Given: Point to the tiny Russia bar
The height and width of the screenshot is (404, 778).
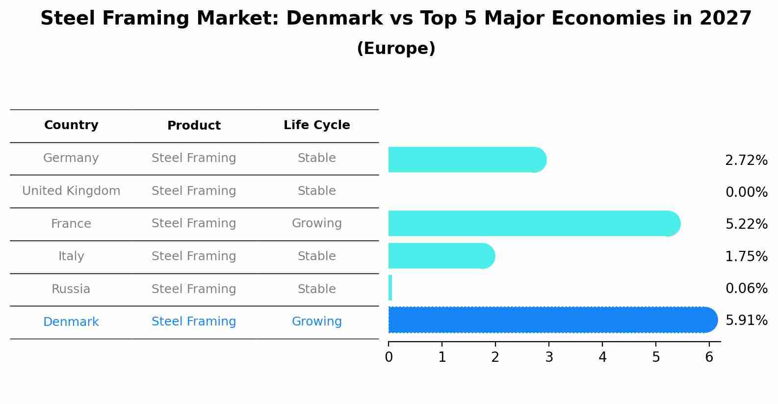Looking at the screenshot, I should [x=390, y=288].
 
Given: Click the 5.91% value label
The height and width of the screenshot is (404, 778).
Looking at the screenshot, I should [x=746, y=321].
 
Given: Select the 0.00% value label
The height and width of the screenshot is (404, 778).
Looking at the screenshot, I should [x=746, y=192].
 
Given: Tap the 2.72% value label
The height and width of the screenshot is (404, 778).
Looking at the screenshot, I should [x=746, y=161].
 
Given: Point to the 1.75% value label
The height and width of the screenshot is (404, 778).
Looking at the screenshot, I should [x=746, y=256].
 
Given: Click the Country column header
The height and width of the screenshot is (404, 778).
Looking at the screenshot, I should [x=71, y=125].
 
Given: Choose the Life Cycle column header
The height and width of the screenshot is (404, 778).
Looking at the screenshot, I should [x=316, y=125].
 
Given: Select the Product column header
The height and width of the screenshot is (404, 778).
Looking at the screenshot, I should [x=194, y=126].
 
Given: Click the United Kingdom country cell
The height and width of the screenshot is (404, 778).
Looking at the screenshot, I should [x=71, y=191].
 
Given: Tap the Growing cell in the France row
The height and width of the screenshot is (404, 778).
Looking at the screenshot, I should [x=316, y=223].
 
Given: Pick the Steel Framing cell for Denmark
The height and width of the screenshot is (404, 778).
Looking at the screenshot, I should [x=194, y=322].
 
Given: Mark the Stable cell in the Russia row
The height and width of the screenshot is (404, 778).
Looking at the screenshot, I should [x=316, y=289].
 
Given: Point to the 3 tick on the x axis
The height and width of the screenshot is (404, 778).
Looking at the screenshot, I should [x=549, y=357].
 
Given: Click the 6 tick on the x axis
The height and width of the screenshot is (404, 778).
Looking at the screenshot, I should [x=709, y=357].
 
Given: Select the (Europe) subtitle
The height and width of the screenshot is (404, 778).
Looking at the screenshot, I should [x=396, y=49].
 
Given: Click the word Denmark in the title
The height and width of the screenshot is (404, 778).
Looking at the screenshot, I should [x=334, y=19].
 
